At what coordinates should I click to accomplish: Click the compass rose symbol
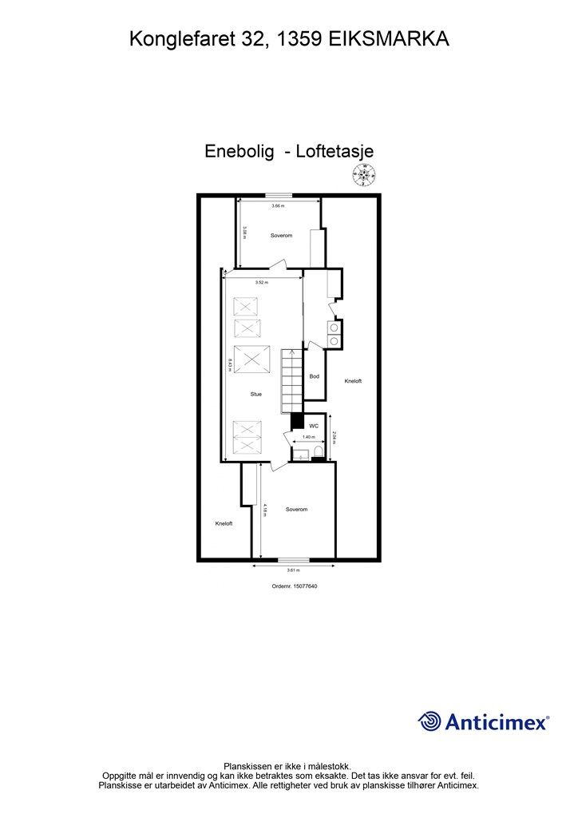(x=367, y=173)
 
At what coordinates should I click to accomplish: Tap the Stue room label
(x=256, y=394)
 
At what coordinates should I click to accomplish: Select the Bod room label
(x=315, y=376)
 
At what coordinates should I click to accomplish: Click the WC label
(x=314, y=427)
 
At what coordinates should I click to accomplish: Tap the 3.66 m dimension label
(x=277, y=206)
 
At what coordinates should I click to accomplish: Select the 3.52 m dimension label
(x=262, y=283)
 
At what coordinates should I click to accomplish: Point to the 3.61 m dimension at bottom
(x=293, y=570)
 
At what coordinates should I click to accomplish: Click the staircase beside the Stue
(x=291, y=379)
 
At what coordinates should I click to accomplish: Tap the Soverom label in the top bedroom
(x=281, y=236)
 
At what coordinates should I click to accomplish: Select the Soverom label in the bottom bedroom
(x=296, y=509)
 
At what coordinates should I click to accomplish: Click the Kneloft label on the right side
(x=353, y=381)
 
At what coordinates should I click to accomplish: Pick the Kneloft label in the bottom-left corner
(x=224, y=523)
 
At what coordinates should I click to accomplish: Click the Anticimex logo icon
(x=430, y=721)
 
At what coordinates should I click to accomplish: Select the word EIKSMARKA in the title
(x=389, y=38)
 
